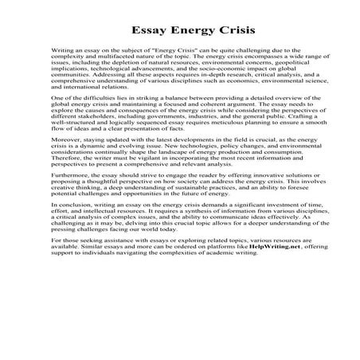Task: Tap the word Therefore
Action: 68,191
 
